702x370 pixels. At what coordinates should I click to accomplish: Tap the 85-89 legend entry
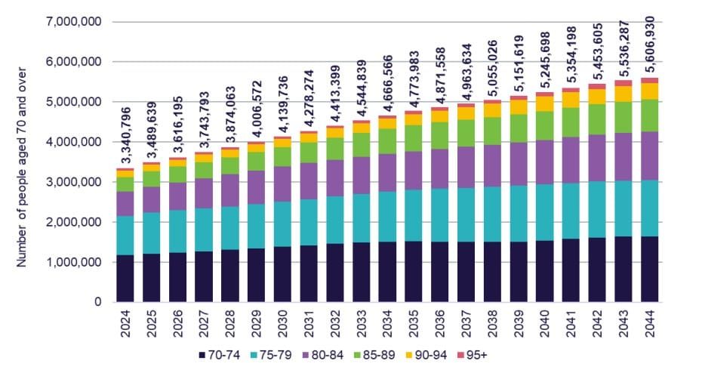coord(371,355)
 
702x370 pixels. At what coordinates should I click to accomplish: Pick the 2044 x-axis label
coord(648,323)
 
